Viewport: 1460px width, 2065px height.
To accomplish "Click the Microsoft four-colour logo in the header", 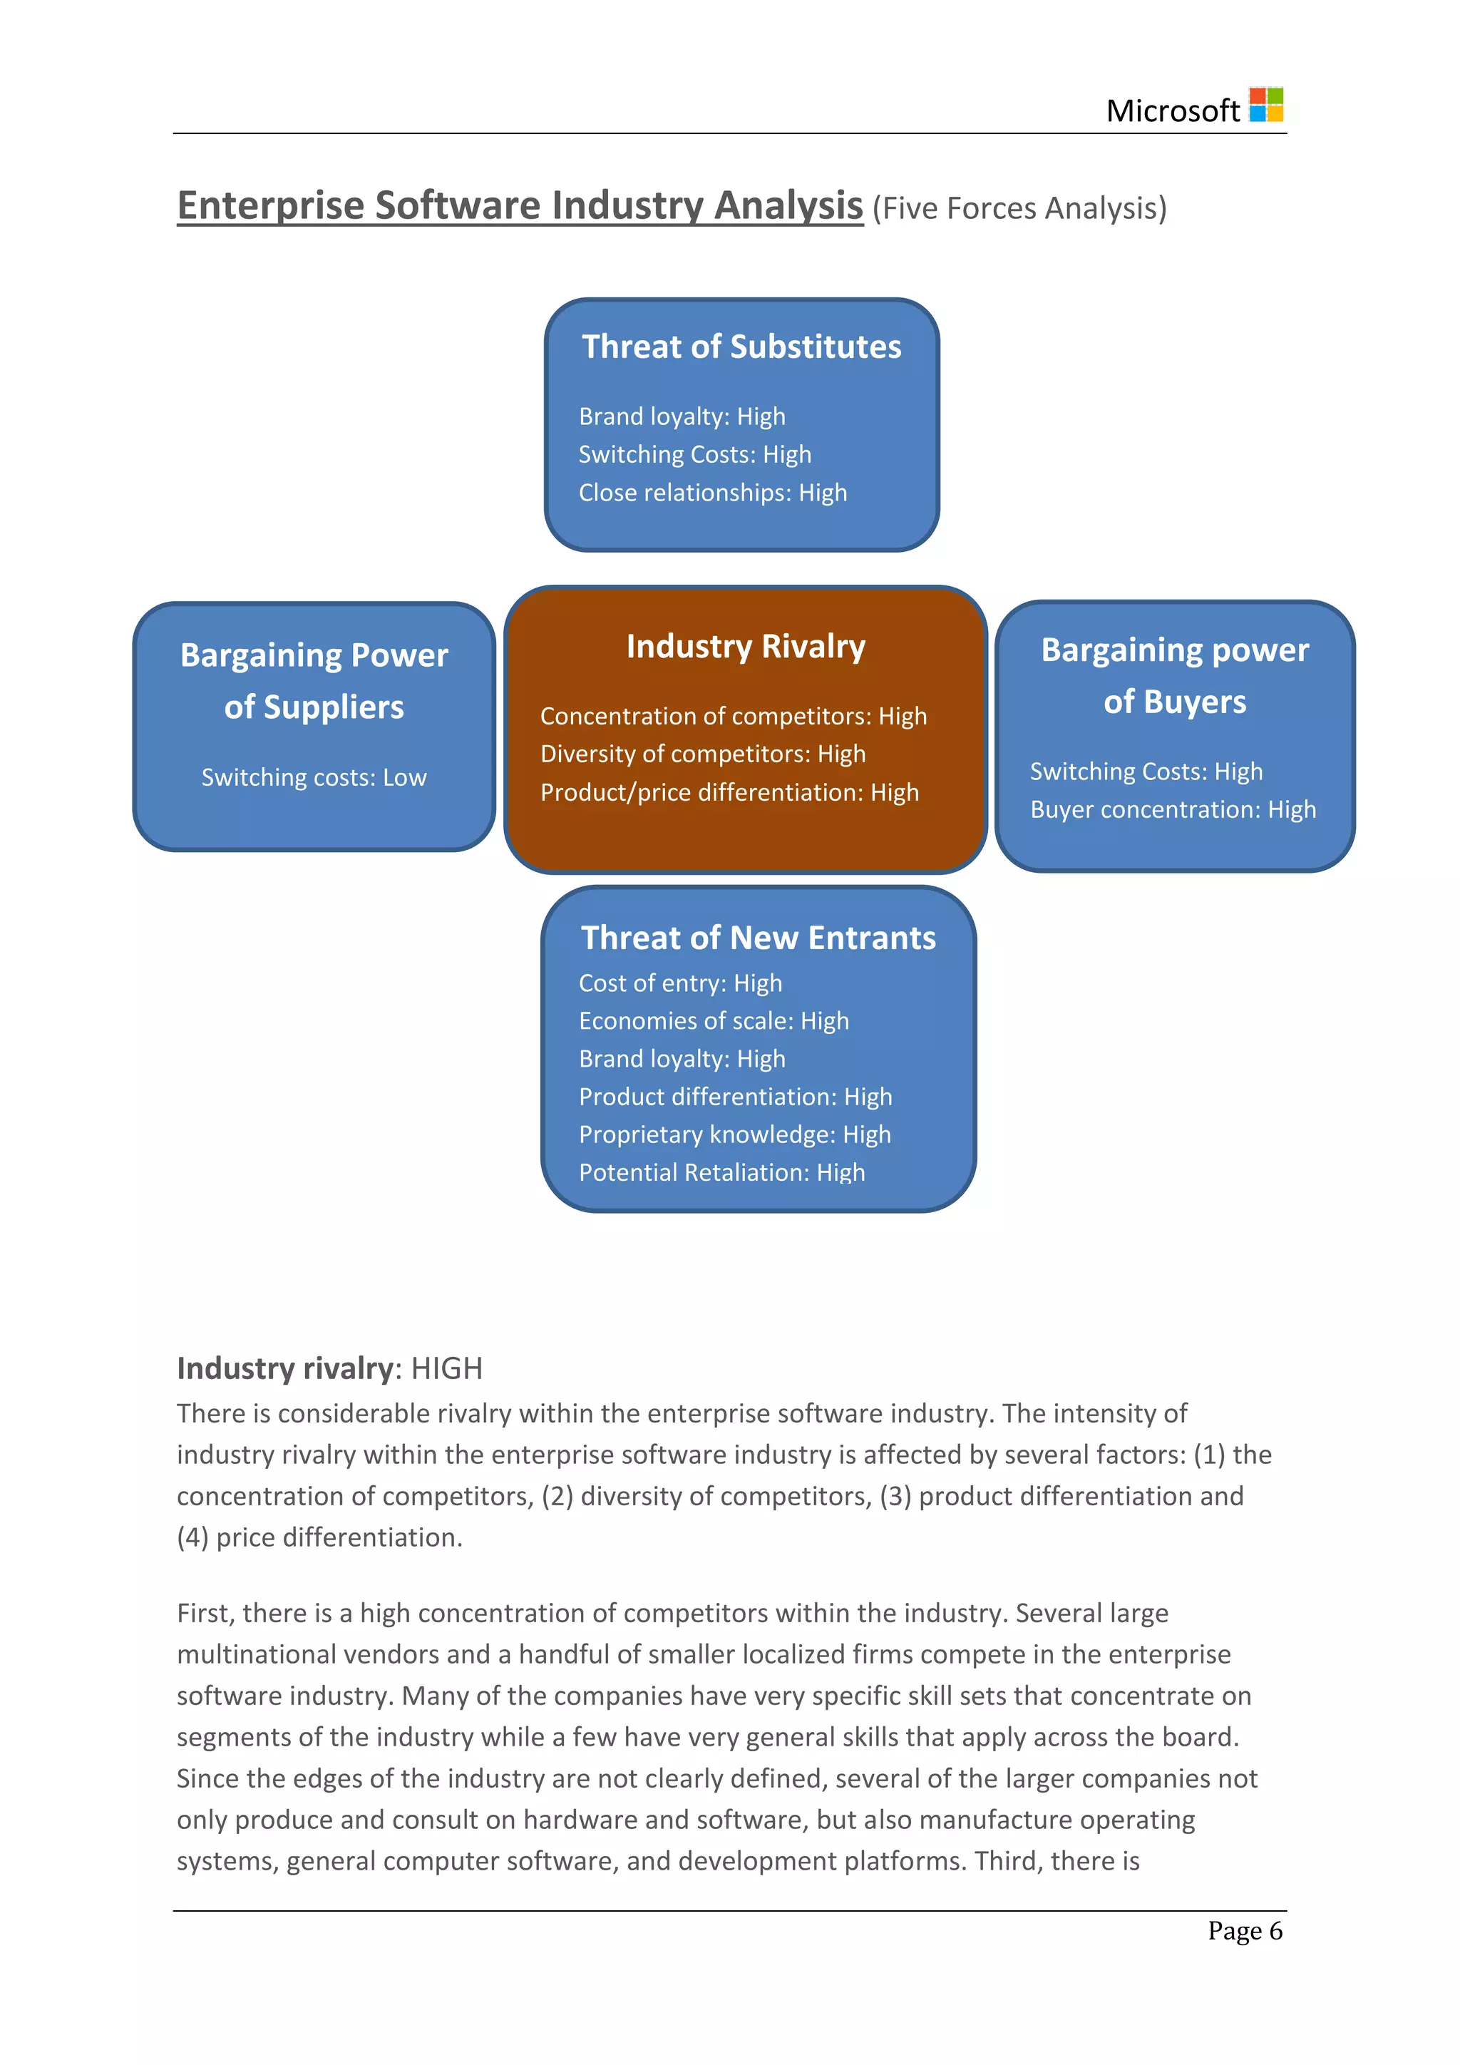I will pos(1266,106).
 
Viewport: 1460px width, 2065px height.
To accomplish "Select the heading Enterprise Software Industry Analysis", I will pos(520,205).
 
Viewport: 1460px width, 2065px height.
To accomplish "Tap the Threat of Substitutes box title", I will pos(741,347).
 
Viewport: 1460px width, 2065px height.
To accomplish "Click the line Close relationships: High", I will pos(712,493).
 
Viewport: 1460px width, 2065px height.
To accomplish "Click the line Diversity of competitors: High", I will pos(702,754).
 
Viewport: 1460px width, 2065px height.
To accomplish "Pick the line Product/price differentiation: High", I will pos(729,792).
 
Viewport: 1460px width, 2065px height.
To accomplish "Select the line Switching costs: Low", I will pos(314,777).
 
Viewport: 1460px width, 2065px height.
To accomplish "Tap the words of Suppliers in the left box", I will pos(314,707).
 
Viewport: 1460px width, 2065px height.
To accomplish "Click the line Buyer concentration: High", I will pos(1172,809).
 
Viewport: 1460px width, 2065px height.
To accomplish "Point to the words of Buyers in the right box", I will pos(1174,702).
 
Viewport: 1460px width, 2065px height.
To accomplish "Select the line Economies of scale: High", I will pos(713,1021).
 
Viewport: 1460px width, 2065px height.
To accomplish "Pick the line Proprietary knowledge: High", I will pos(734,1134).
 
